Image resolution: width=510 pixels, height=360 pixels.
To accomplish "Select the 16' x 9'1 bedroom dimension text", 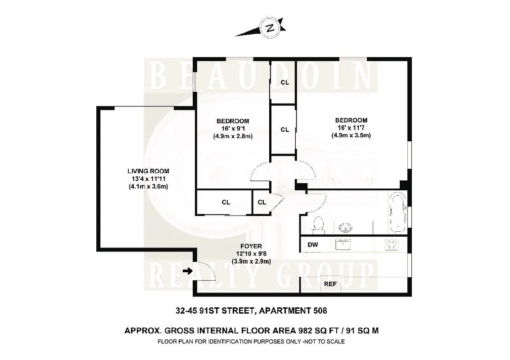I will click(x=232, y=129).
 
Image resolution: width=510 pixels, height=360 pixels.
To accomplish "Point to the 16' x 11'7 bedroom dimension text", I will click(x=351, y=128).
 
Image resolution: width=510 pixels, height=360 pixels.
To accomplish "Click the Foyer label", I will click(x=251, y=246).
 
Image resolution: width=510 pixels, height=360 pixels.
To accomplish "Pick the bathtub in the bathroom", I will click(x=397, y=212).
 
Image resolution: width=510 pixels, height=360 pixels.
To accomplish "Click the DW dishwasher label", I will click(x=313, y=245).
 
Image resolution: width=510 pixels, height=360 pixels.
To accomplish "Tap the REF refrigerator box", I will click(x=330, y=284).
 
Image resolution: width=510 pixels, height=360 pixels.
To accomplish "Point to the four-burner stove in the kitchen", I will click(x=391, y=244).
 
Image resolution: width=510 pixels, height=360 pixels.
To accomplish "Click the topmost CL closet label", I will click(x=284, y=82).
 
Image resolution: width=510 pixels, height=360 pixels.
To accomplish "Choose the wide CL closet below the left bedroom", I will click(x=226, y=202).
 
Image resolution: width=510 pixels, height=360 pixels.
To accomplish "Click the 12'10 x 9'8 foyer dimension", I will click(x=251, y=253).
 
